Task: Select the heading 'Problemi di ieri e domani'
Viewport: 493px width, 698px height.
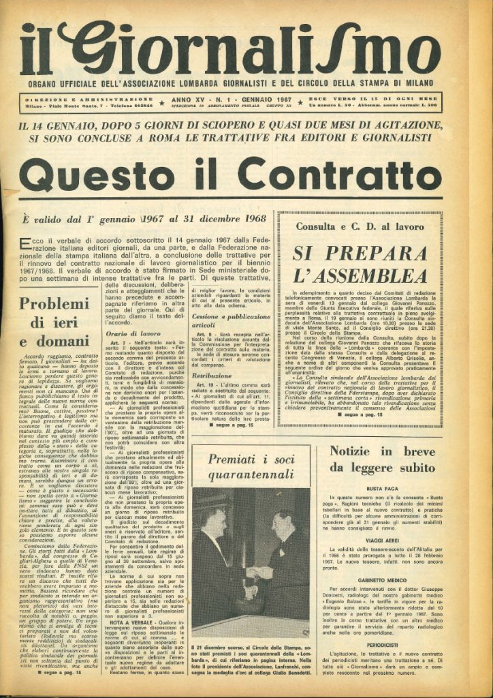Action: click(x=54, y=321)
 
